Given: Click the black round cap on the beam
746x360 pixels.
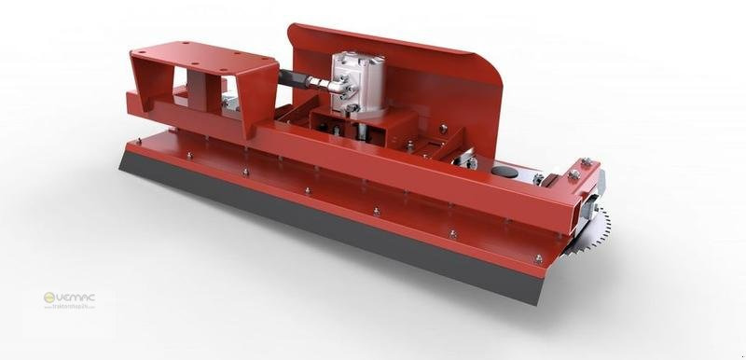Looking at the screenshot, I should pos(504,172).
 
